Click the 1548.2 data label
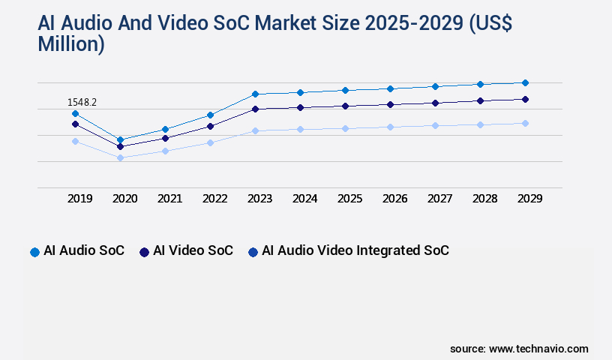pyautogui.click(x=82, y=102)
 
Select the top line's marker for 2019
pyautogui.click(x=75, y=113)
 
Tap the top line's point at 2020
pyautogui.click(x=120, y=139)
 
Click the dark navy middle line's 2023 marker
pyautogui.click(x=255, y=109)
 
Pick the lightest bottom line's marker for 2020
pyautogui.click(x=120, y=157)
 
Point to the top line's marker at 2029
pyautogui.click(x=525, y=82)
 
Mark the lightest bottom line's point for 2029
pyautogui.click(x=525, y=123)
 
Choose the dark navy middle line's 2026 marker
pyautogui.click(x=390, y=104)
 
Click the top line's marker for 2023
pyautogui.click(x=255, y=94)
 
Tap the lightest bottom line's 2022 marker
pyautogui.click(x=210, y=142)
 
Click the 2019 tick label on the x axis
pyautogui.click(x=80, y=199)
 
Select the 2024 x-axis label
pyautogui.click(x=305, y=199)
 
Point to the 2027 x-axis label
pyautogui.click(x=440, y=199)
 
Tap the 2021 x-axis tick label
pyautogui.click(x=170, y=199)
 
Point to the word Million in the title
pyautogui.click(x=71, y=44)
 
